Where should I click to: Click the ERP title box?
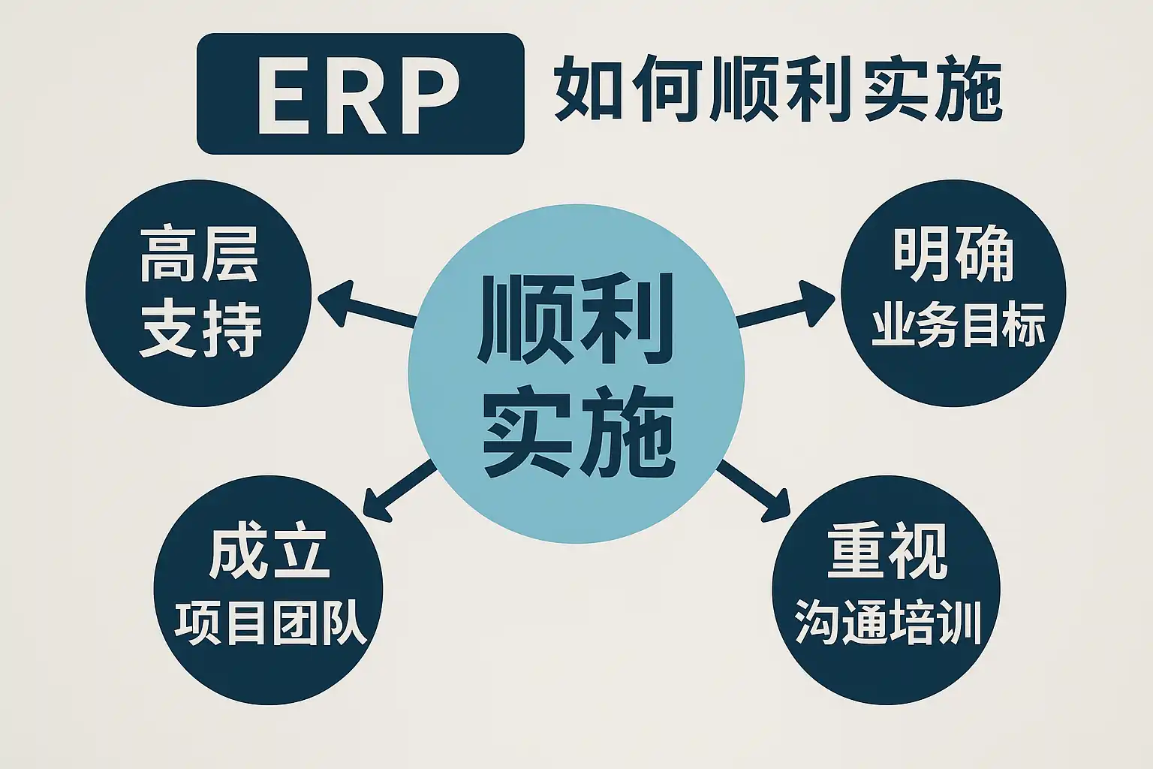[x=360, y=94]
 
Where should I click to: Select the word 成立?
[x=269, y=553]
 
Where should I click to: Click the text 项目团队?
[x=270, y=623]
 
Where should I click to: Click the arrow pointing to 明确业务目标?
[x=785, y=306]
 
